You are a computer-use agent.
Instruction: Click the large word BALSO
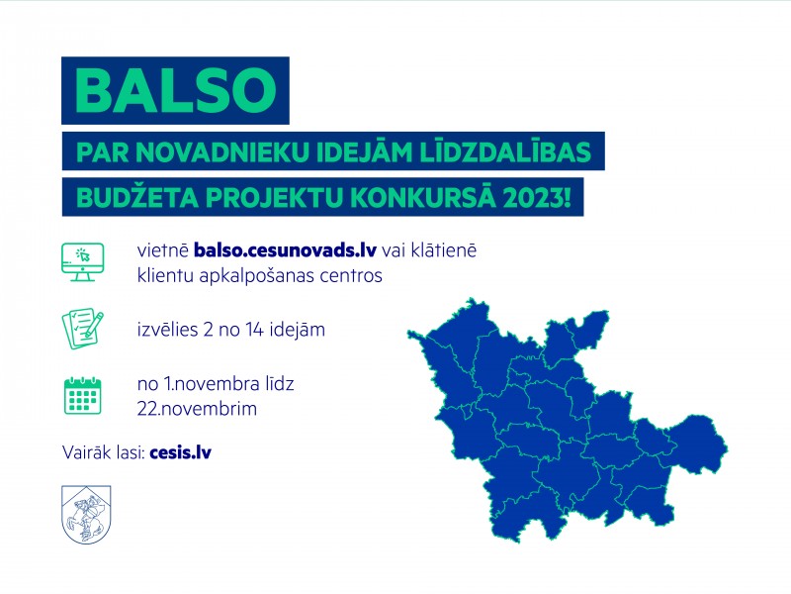175,90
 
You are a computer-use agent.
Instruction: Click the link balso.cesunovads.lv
285,250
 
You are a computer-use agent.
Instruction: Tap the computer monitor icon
83,261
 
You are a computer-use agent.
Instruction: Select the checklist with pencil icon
83,330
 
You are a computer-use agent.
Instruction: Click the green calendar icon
83,395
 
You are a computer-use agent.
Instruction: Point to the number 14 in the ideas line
255,330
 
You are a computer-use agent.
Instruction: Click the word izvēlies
167,330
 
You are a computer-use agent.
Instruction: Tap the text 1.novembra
212,384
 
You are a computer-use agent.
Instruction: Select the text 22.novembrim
197,408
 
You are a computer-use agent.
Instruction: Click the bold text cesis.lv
181,452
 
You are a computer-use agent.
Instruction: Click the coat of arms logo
86,514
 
